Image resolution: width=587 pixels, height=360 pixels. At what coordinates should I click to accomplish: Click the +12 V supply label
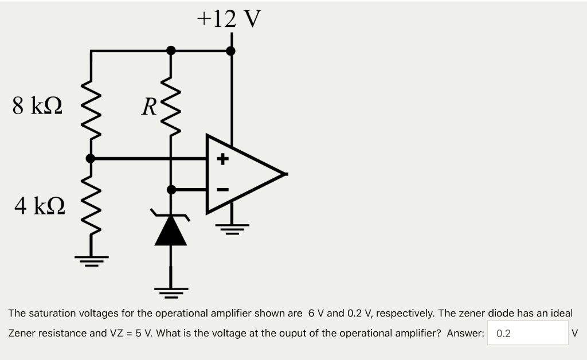point(229,18)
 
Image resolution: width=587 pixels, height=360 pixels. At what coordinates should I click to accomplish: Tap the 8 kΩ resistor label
point(38,105)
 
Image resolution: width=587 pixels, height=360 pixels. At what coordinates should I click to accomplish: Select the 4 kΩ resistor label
point(39,205)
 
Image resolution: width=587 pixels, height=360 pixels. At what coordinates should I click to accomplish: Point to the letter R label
point(150,107)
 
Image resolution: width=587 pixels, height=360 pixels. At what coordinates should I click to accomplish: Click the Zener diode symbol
point(171,230)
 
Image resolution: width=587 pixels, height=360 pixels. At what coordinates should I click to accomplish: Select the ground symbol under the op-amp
point(232,228)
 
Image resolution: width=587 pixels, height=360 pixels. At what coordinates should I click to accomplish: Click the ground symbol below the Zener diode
point(171,293)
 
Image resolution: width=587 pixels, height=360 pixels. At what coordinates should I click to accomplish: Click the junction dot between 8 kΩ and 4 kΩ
point(91,158)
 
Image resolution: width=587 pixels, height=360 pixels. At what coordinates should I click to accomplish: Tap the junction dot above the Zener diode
point(171,189)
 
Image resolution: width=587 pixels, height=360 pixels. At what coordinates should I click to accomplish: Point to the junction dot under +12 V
point(231,51)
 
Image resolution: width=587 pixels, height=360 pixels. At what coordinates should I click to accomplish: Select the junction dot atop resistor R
point(171,50)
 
